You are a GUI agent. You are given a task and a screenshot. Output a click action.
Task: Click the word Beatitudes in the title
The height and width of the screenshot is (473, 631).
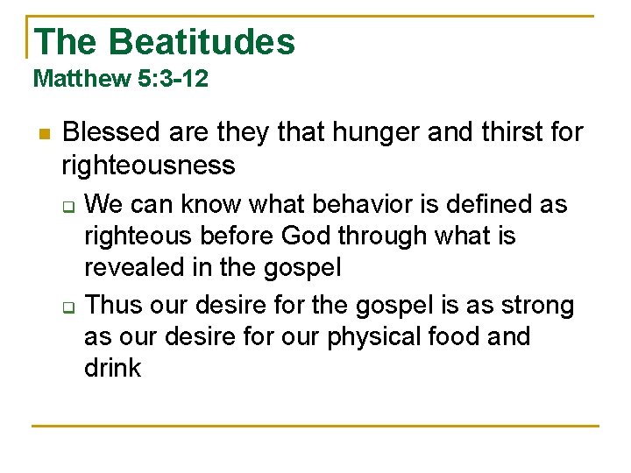coord(202,41)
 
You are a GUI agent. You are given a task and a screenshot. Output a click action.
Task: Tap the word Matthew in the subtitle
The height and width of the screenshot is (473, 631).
coord(82,79)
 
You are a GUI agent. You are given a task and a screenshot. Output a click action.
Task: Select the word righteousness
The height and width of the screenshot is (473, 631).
coord(148,165)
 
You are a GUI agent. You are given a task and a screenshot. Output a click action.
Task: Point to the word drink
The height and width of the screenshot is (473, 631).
coord(112,368)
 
